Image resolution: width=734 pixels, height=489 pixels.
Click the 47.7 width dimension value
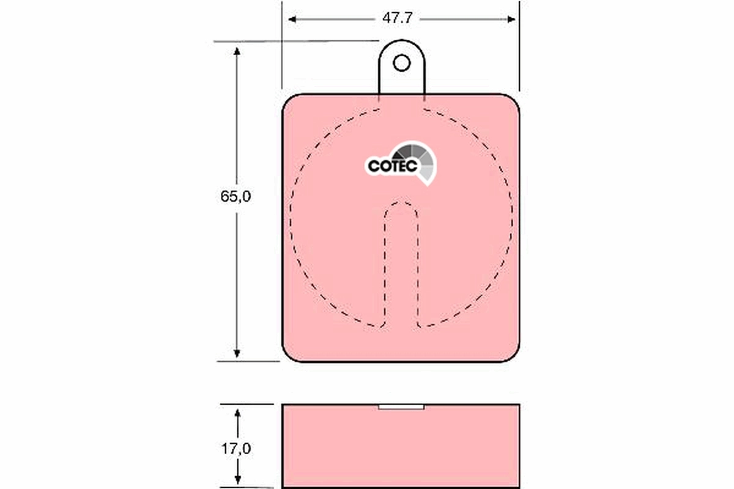397,18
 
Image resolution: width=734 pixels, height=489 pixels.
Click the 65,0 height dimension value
236,197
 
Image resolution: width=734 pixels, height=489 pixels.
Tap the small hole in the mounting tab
401,62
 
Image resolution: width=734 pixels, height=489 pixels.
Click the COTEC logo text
392,166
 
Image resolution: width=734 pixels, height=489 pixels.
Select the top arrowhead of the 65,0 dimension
237,50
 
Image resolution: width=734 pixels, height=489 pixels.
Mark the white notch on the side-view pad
401,407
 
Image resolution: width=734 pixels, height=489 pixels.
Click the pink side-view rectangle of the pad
401,449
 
